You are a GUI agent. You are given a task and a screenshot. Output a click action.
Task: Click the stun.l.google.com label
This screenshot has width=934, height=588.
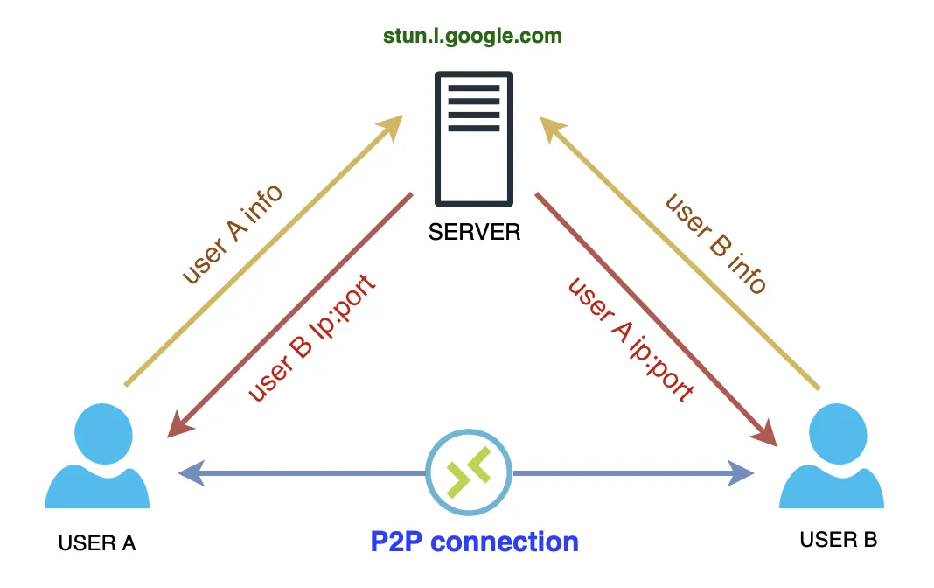pyautogui.click(x=472, y=37)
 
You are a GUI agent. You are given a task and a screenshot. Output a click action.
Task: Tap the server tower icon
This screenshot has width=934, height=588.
pyautogui.click(x=473, y=138)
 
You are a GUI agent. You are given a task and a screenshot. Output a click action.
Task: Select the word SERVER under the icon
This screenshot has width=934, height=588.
pyautogui.click(x=474, y=232)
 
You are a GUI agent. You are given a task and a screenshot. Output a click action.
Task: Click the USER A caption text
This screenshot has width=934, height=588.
pyautogui.click(x=97, y=542)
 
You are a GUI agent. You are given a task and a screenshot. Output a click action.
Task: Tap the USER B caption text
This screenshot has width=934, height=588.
pyautogui.click(x=838, y=540)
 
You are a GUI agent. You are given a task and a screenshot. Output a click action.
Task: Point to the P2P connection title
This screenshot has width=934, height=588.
pyautogui.click(x=474, y=542)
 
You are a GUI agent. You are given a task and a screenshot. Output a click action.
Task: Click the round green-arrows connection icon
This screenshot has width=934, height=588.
pyautogui.click(x=469, y=473)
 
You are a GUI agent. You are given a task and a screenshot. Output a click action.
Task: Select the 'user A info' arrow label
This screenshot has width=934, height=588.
pyautogui.click(x=233, y=234)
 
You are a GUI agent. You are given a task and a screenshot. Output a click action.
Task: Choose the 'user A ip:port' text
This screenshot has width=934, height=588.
pyautogui.click(x=631, y=339)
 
